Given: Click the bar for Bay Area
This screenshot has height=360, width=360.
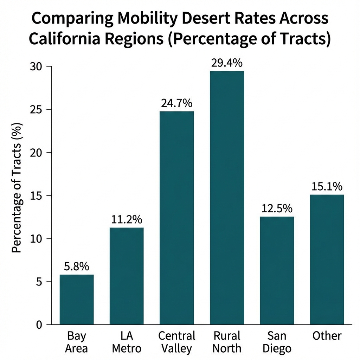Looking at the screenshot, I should [77, 300].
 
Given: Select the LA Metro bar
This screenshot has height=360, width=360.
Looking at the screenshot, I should [127, 276].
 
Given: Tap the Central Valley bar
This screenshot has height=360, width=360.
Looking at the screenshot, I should [176, 218].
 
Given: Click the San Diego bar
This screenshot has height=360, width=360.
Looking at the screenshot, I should [277, 270].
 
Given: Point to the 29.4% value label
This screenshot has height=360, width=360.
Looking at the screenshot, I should [227, 63].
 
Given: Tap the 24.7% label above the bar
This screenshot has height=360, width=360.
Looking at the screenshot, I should [176, 103].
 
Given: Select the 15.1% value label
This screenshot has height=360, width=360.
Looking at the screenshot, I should [327, 187].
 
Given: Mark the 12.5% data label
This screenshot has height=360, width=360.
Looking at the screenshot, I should [277, 209].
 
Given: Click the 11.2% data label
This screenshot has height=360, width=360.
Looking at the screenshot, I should [127, 220].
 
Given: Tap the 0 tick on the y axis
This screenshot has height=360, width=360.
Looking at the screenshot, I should [39, 325].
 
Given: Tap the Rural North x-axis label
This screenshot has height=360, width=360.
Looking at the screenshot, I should [227, 342].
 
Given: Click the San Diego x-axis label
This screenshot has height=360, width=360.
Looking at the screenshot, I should [277, 342].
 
